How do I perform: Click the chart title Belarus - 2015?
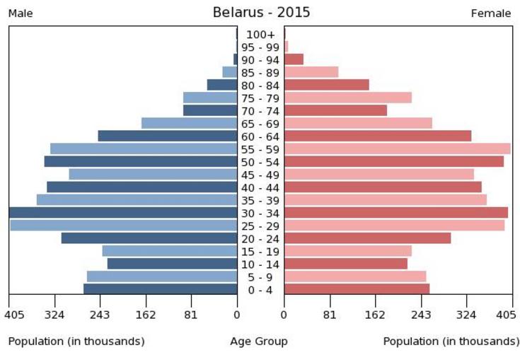(261, 13)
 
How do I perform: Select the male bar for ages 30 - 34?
(123, 213)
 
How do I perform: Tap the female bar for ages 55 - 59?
(397, 148)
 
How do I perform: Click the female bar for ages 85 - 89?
(311, 72)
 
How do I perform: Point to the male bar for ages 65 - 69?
(189, 123)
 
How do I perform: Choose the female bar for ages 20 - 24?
(367, 238)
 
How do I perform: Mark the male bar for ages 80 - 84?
(222, 85)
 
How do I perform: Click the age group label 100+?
(260, 35)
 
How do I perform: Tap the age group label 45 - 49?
(260, 175)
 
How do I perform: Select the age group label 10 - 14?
(260, 264)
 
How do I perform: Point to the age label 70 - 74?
(260, 111)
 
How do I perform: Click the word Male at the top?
(21, 13)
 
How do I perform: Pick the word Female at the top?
(490, 13)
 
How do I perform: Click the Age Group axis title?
(259, 341)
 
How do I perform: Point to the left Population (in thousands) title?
(76, 341)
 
